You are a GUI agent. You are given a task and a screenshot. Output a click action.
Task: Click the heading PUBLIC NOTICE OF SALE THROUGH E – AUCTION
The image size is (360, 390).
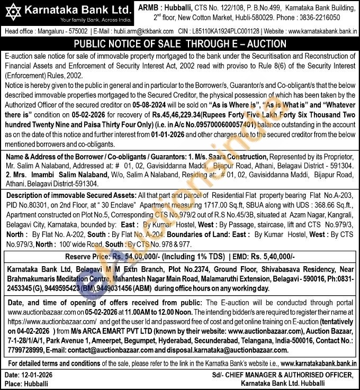(180, 44)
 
